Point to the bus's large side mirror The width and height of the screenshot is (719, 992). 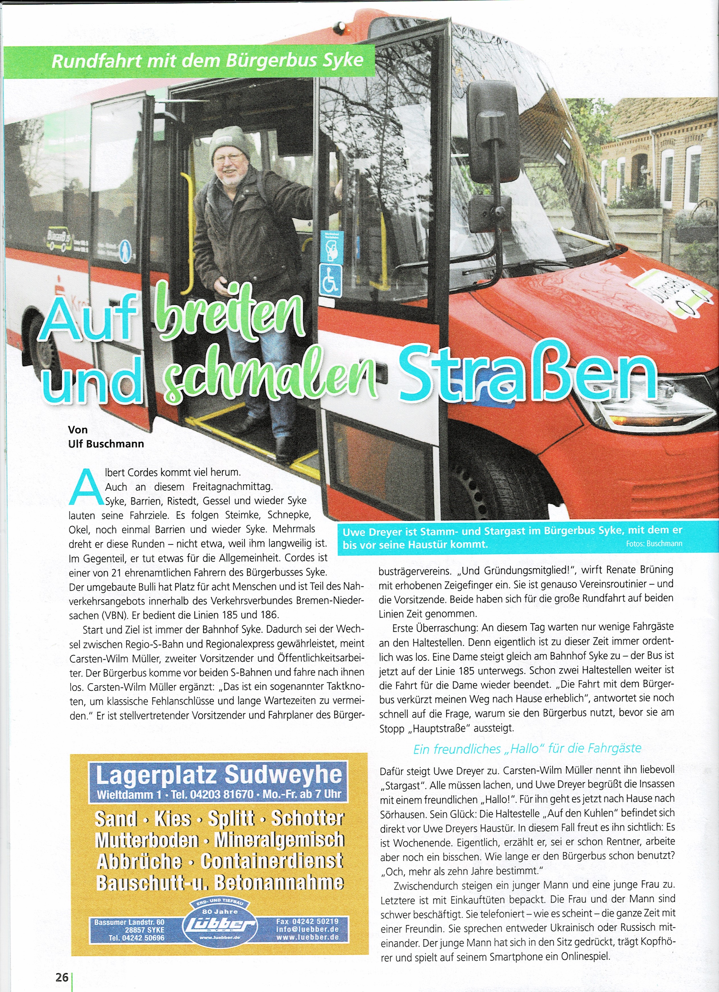(494, 131)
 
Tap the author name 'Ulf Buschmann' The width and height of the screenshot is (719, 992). (106, 444)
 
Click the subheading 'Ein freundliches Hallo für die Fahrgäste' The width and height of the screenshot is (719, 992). (527, 749)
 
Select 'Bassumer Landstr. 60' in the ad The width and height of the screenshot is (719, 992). (130, 922)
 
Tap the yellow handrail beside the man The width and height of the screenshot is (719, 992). (189, 232)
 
